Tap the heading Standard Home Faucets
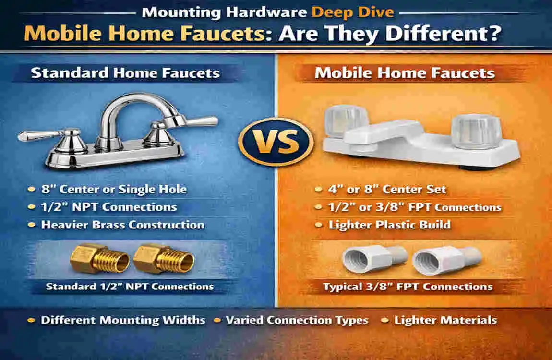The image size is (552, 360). pyautogui.click(x=125, y=73)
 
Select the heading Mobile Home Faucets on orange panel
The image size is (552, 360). pyautogui.click(x=404, y=73)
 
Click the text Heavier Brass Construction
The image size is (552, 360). pyautogui.click(x=122, y=225)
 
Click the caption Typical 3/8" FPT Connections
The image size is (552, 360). pyautogui.click(x=408, y=287)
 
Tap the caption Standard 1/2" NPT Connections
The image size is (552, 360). pyautogui.click(x=130, y=287)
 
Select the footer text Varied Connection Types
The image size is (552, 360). pyautogui.click(x=297, y=320)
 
